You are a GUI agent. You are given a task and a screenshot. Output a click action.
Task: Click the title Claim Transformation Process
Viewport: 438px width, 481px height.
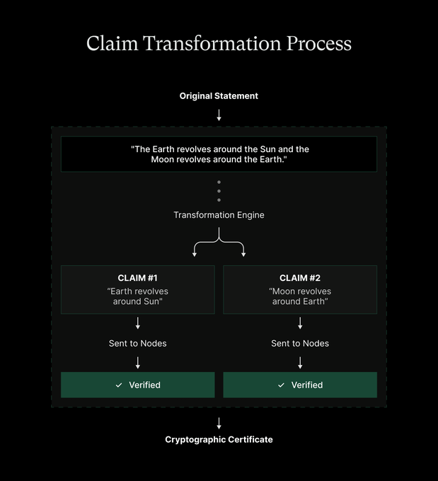coord(219,43)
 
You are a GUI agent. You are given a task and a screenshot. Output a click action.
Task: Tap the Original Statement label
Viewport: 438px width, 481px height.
coord(219,96)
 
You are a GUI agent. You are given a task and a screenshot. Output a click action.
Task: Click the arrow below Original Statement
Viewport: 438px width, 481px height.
coord(219,115)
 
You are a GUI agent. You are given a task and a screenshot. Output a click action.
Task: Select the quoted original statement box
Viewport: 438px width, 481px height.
coord(219,154)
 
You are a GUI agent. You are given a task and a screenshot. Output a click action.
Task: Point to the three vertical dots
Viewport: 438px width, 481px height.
coord(219,191)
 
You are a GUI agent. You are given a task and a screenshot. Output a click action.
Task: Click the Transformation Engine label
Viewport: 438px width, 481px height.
coord(219,215)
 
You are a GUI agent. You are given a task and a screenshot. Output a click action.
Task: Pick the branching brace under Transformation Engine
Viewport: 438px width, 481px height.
coord(219,246)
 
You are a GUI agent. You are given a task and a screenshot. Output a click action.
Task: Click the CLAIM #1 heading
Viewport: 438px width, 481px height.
coord(137,278)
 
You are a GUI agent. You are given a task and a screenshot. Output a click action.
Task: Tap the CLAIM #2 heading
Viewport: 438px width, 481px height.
coord(300,278)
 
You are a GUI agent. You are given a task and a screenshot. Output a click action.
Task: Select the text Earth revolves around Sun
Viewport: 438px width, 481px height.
coord(137,296)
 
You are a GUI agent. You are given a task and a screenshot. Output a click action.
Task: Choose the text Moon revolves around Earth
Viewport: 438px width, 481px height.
coord(300,296)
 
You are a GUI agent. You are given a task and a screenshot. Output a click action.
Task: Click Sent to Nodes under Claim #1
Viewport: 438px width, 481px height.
coord(137,344)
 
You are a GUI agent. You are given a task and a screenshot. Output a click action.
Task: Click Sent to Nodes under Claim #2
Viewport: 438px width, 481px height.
coord(300,344)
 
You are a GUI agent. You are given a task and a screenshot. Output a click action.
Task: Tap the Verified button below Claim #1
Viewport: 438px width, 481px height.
coord(137,385)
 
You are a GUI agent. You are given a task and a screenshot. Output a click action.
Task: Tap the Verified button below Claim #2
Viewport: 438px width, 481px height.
coord(300,385)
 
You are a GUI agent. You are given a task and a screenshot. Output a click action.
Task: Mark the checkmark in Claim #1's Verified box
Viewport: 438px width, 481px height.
coord(119,386)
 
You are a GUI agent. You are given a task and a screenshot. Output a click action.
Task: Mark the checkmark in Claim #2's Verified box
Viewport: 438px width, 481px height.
coord(281,386)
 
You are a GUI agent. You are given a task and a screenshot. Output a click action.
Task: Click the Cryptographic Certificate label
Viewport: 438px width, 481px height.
coord(219,439)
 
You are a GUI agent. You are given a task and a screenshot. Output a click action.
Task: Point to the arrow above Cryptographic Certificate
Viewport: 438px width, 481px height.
coord(219,423)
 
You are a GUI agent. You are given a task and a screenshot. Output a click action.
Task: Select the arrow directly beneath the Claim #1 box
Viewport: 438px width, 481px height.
coord(137,323)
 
